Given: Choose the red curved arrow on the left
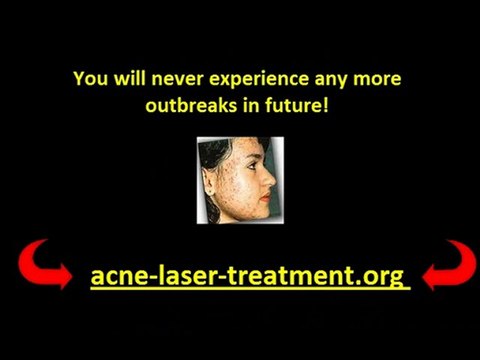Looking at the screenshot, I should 43,265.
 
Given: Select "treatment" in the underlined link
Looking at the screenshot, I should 286,275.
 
